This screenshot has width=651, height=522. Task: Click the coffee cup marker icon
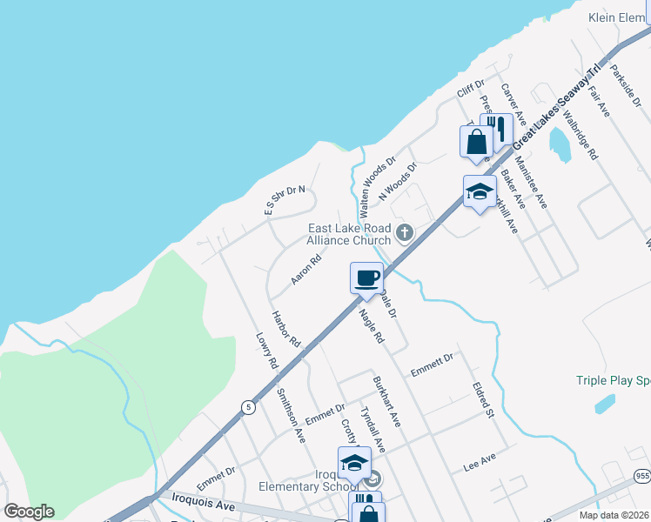pyautogui.click(x=366, y=278)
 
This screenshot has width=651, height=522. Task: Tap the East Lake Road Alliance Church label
pyautogui.click(x=348, y=234)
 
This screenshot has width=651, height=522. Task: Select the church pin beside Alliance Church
pyautogui.click(x=404, y=232)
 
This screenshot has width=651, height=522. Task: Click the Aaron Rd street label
pyautogui.click(x=306, y=270)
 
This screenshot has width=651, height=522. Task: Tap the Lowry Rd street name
pyautogui.click(x=266, y=350)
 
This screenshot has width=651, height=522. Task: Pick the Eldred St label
pyautogui.click(x=483, y=397)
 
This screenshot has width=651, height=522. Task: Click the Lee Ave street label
pyautogui.click(x=480, y=462)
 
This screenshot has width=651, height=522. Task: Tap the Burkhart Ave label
pyautogui.click(x=386, y=400)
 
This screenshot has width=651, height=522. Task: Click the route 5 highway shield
pyautogui.click(x=250, y=406)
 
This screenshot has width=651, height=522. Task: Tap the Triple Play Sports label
pyautogui.click(x=613, y=380)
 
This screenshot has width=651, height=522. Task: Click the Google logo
pyautogui.click(x=29, y=512)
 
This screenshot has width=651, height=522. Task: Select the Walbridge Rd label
pyautogui.click(x=581, y=133)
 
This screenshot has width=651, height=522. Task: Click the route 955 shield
pyautogui.click(x=642, y=475)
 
